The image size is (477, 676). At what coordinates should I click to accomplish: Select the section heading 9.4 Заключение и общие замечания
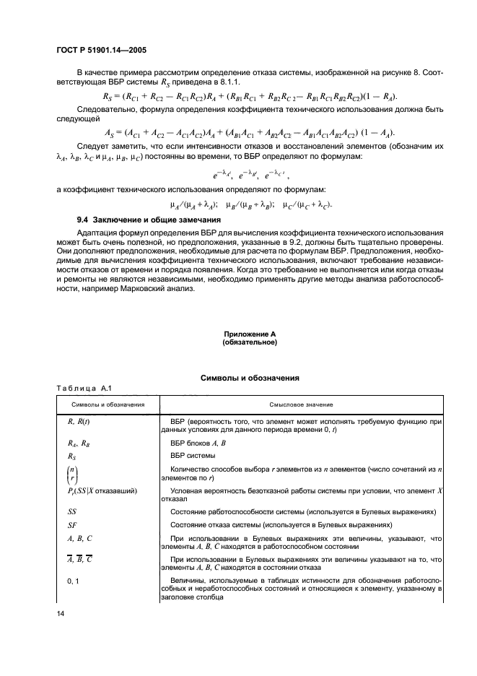coord(148,220)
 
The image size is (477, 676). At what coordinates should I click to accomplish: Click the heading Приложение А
coord(249,334)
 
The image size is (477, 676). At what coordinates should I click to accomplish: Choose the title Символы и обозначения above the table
coord(249,378)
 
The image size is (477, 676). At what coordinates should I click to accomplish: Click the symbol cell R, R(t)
coord(79,420)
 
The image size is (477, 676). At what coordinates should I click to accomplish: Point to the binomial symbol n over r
coord(72,474)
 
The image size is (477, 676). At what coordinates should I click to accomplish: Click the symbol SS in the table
coord(71,511)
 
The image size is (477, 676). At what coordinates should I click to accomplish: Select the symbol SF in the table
coord(71,525)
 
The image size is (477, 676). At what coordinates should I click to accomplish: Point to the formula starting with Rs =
coord(250,97)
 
